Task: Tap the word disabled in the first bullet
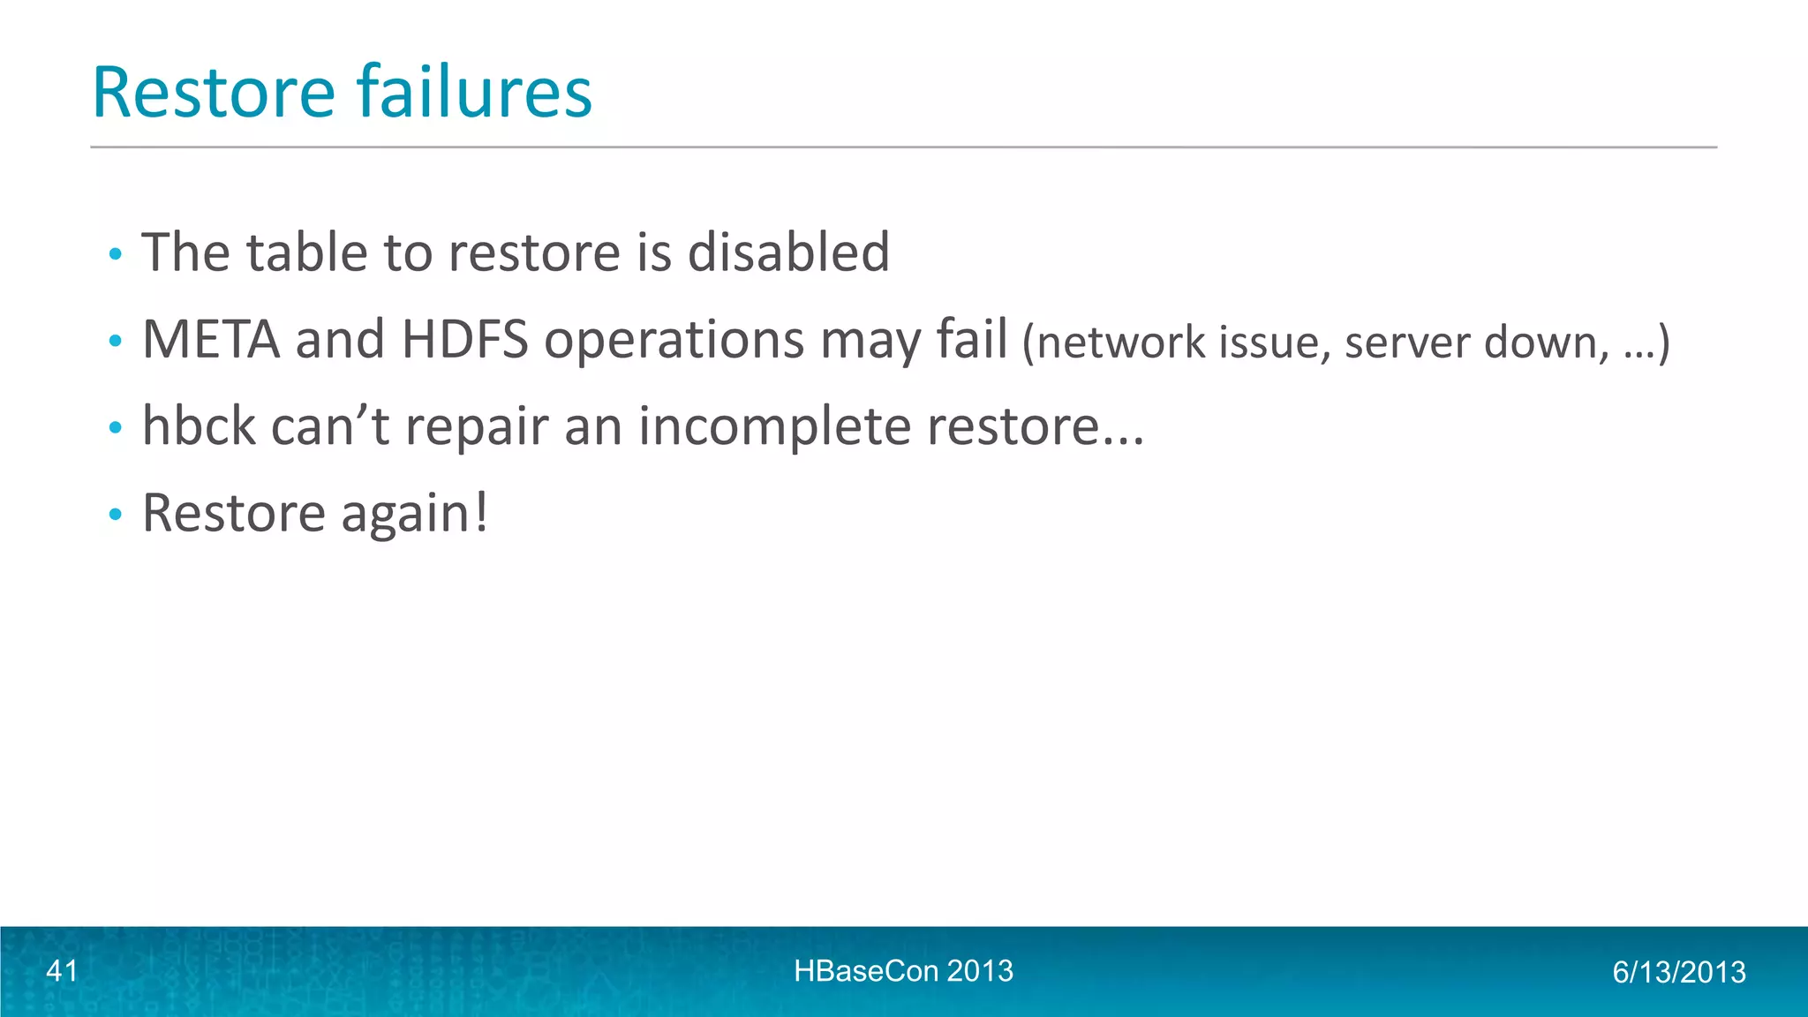(787, 252)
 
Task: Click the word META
(211, 340)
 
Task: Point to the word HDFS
(464, 340)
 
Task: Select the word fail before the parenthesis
(972, 340)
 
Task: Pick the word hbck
(199, 426)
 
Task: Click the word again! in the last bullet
(414, 515)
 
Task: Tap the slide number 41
(62, 971)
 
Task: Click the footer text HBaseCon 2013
(903, 971)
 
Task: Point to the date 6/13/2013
(1678, 972)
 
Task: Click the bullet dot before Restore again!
(114, 514)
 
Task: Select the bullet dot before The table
(114, 254)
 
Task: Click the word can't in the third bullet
(329, 426)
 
